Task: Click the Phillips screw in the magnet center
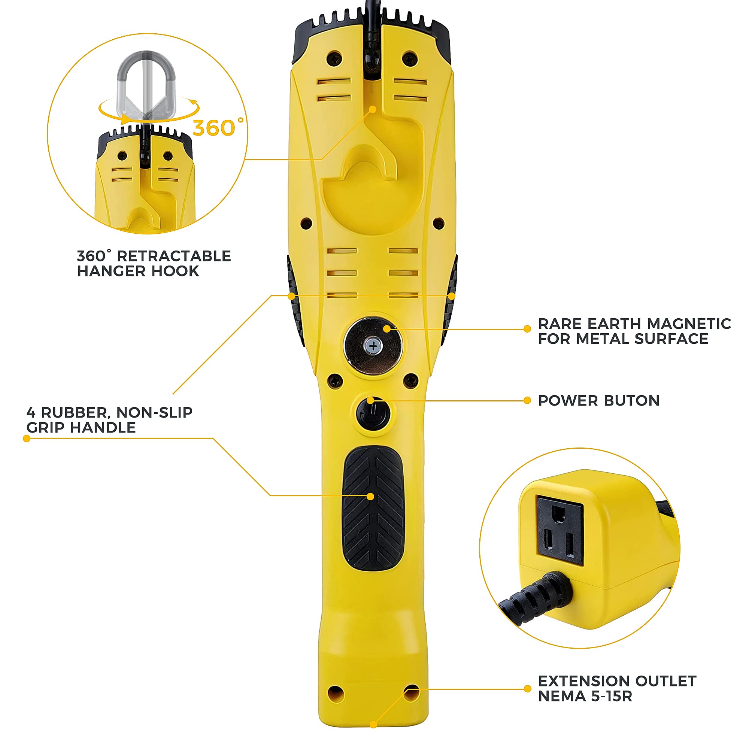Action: pyautogui.click(x=373, y=346)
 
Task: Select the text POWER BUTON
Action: pyautogui.click(x=598, y=400)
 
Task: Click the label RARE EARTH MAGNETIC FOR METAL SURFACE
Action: pyautogui.click(x=634, y=331)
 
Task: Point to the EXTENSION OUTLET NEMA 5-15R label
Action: pyautogui.click(x=617, y=688)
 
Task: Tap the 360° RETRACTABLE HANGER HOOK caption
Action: pyautogui.click(x=154, y=263)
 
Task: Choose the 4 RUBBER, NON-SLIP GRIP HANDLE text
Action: pyautogui.click(x=109, y=420)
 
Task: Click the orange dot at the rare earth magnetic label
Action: pyautogui.click(x=527, y=329)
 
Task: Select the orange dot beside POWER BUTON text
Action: pyautogui.click(x=527, y=400)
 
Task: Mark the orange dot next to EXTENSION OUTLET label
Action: pyautogui.click(x=527, y=689)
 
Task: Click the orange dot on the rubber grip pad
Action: pyautogui.click(x=371, y=497)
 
